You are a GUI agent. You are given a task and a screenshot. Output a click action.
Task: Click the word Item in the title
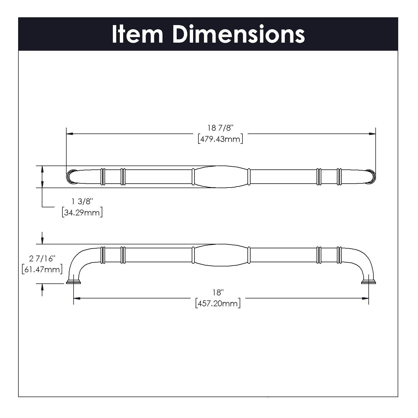tap(137, 34)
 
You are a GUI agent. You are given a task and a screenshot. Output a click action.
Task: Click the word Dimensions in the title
tap(239, 34)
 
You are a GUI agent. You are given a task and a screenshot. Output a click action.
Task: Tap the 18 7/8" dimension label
tap(220, 128)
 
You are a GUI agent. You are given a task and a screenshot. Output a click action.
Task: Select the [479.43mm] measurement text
tap(220, 139)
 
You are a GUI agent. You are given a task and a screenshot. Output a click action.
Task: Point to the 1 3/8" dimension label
tap(82, 201)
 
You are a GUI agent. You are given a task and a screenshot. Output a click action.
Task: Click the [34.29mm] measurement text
tap(82, 213)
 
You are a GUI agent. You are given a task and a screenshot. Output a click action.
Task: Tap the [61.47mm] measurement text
tap(42, 269)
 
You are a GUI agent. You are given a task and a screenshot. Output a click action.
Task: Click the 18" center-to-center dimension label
tap(218, 292)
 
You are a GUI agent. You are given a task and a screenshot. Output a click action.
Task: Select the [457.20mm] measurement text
tap(218, 303)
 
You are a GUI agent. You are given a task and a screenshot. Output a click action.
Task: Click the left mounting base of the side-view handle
tap(74, 282)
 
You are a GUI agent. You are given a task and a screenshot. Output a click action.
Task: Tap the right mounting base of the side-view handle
tap(368, 282)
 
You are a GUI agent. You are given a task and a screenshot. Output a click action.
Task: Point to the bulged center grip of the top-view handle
tap(220, 177)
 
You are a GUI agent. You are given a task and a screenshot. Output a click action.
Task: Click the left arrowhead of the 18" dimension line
tap(77, 298)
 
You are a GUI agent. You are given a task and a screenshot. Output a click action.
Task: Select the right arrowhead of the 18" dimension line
tap(365, 298)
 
